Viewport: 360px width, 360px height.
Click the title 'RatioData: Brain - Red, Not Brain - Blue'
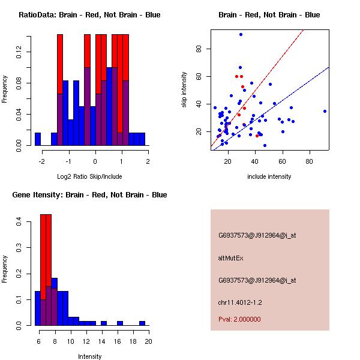click(89, 15)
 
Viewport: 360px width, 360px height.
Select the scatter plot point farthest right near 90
click(325, 111)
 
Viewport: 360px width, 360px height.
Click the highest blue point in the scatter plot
click(241, 34)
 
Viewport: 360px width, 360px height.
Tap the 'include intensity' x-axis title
click(269, 176)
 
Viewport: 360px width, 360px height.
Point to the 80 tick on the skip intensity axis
click(199, 49)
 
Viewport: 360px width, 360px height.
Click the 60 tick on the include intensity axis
click(282, 161)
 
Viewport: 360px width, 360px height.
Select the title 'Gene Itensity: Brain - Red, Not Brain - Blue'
click(89, 195)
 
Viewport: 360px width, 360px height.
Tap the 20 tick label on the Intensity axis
click(148, 341)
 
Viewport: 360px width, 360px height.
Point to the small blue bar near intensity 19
click(142, 323)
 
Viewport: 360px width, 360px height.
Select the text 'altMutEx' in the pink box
click(231, 258)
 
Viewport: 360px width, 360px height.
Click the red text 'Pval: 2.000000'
click(239, 319)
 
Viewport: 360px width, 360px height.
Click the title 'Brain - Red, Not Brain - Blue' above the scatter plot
click(269, 15)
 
